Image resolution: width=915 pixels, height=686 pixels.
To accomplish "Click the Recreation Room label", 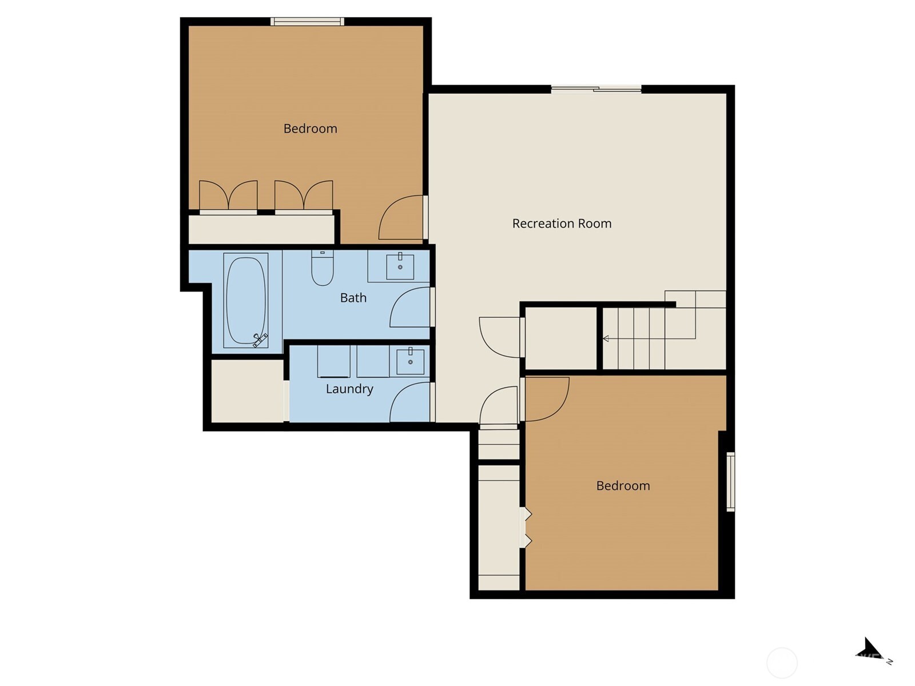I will [x=562, y=224].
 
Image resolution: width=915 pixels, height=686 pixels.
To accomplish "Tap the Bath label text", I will [x=353, y=298].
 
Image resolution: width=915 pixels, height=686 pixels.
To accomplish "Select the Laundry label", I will [x=349, y=389].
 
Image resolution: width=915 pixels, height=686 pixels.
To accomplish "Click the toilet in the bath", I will [x=323, y=269].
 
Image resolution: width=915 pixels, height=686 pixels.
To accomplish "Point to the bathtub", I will [x=246, y=300].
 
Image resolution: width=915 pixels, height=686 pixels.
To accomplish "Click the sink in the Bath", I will [x=400, y=266].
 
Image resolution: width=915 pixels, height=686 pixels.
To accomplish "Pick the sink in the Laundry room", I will [x=410, y=361].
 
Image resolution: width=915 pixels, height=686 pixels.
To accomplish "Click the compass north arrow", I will [x=873, y=650].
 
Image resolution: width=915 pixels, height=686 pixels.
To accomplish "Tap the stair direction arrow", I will [x=606, y=339].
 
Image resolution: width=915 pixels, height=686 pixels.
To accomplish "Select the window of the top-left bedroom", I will [x=307, y=22].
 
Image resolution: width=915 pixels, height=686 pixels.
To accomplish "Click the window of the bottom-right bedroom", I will [x=730, y=481].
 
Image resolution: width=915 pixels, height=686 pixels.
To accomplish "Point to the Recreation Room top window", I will [x=596, y=89].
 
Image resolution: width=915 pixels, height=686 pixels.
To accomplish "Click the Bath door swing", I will [x=409, y=308].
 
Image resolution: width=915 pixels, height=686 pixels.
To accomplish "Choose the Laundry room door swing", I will [x=409, y=402].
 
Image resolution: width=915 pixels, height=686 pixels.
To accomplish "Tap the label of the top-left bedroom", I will [x=310, y=129].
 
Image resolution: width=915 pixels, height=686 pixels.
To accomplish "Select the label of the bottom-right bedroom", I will [x=623, y=486].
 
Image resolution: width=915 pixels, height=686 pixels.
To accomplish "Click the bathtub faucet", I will [x=260, y=340].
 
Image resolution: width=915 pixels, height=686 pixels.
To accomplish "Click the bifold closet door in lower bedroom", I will [x=527, y=528].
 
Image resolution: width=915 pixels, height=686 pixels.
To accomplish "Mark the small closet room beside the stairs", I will [x=560, y=338].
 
